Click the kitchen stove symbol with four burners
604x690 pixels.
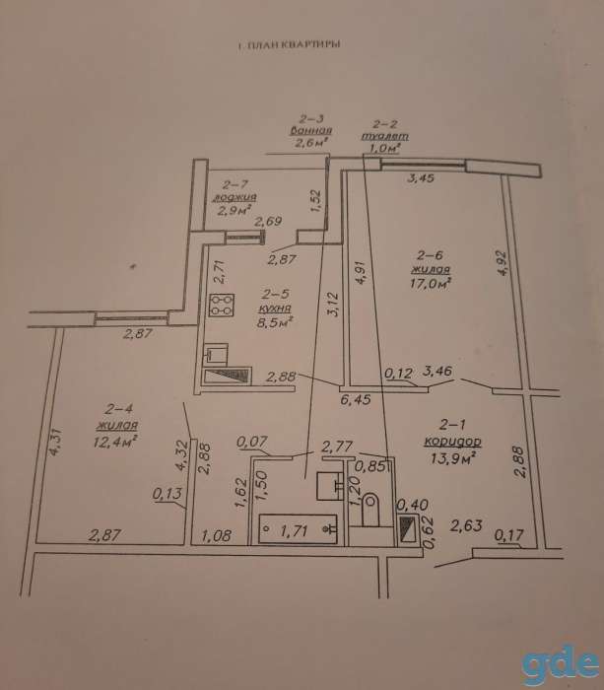tap(222, 305)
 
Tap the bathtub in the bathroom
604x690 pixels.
tap(298, 528)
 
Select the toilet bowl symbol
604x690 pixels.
tap(369, 510)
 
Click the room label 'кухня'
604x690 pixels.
tap(275, 308)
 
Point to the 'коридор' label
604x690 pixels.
tap(452, 441)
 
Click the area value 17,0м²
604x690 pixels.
tap(431, 283)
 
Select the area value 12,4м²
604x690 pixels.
tap(115, 441)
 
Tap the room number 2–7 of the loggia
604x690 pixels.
tap(235, 184)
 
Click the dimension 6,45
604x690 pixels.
tap(356, 399)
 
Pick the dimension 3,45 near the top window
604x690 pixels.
tap(421, 177)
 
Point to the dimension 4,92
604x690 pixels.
tap(503, 263)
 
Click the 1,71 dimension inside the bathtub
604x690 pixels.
tap(294, 530)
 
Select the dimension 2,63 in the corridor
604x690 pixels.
tap(466, 525)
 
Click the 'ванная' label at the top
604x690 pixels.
tap(311, 130)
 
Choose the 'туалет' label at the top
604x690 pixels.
tap(385, 136)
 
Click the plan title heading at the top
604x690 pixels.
tap(289, 44)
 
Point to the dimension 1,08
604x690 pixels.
tap(216, 535)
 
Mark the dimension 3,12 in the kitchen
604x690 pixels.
tap(334, 304)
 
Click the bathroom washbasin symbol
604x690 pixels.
tap(330, 485)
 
